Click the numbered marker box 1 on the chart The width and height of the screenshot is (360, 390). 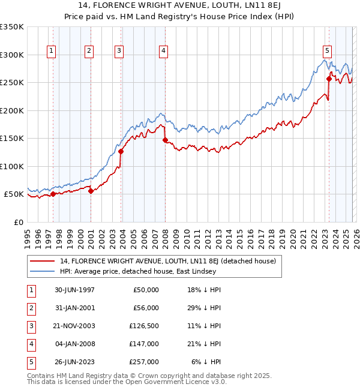52,52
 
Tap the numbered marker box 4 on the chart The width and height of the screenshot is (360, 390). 163,52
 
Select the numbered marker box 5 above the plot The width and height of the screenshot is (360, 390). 327,52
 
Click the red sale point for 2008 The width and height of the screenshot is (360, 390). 165,140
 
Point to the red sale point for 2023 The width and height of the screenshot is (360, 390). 329,79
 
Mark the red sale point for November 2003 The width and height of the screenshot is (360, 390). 121,151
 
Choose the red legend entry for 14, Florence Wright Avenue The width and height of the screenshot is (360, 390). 167,261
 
